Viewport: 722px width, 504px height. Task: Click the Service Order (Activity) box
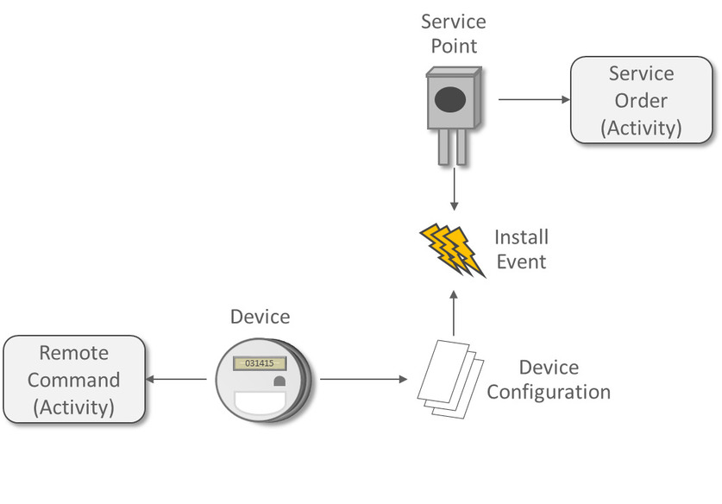(642, 100)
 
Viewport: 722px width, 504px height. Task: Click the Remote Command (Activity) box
(73, 380)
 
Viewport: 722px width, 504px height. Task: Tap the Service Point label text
(453, 32)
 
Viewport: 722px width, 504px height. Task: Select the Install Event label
(521, 249)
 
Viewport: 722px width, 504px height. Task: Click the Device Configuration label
(549, 380)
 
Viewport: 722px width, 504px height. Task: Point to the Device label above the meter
(260, 317)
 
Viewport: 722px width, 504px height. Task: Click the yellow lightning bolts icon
(451, 249)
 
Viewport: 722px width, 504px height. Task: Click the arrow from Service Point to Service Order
(534, 99)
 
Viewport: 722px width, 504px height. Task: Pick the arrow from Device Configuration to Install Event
(453, 312)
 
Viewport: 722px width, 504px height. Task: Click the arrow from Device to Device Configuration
(362, 380)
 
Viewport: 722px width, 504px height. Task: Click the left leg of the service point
(443, 147)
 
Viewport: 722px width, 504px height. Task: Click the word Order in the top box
(641, 100)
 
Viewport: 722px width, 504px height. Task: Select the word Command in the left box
(73, 380)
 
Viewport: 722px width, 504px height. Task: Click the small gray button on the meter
(279, 381)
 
